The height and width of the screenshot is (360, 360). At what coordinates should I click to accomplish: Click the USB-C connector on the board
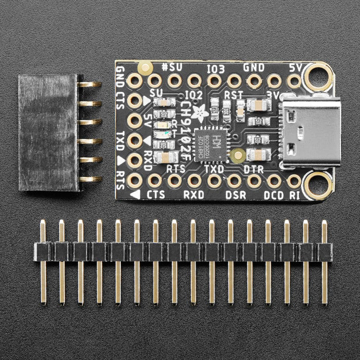[x=309, y=135]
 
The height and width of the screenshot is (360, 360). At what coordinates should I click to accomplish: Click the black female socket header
[x=49, y=132]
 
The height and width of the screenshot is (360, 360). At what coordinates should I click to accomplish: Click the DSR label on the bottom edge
[x=236, y=195]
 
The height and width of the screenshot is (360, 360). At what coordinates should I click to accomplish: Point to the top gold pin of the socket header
[x=89, y=84]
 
